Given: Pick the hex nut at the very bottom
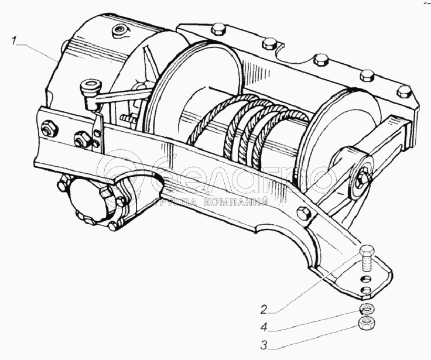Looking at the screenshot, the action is click(x=366, y=324).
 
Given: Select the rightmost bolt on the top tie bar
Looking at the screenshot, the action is click(x=403, y=92).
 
